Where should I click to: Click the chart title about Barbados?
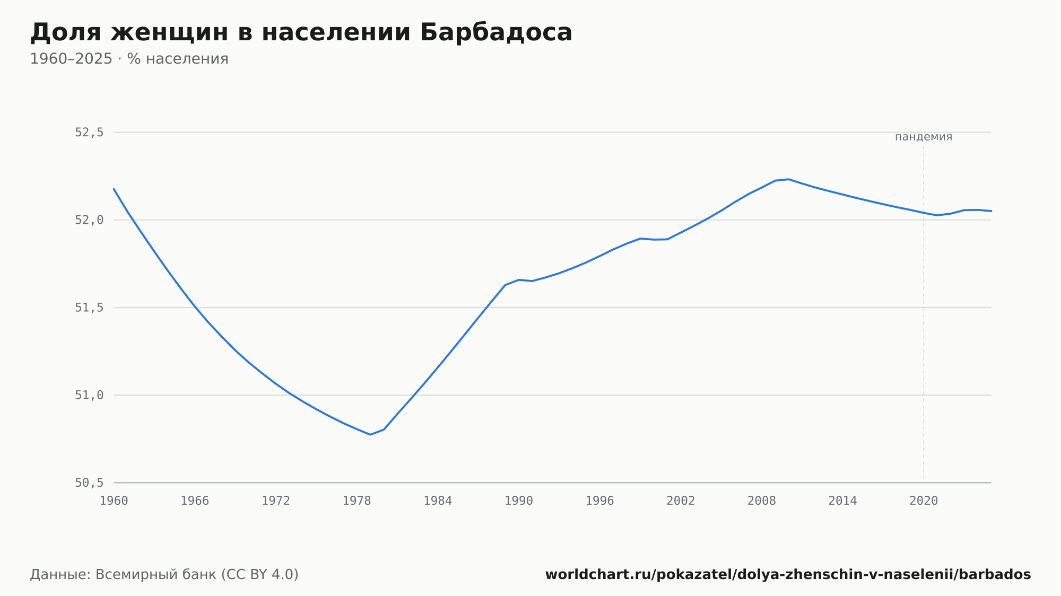click(x=301, y=32)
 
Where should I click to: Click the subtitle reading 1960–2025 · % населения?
click(x=129, y=59)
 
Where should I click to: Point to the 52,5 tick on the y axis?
click(x=89, y=133)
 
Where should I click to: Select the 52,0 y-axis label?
click(x=89, y=220)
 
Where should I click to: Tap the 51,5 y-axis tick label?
click(x=89, y=308)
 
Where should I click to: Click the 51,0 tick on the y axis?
click(x=89, y=395)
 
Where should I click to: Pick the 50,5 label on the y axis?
click(x=89, y=483)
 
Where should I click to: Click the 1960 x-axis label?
click(x=114, y=501)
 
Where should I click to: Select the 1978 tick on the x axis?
click(x=356, y=501)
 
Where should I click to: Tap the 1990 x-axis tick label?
click(x=519, y=501)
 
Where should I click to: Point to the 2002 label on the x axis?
click(x=681, y=501)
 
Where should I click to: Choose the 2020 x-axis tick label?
click(x=924, y=501)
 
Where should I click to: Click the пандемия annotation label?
click(x=924, y=137)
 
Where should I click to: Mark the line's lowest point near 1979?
click(x=370, y=435)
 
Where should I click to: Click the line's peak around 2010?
click(x=789, y=179)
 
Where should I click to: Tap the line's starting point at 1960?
click(x=114, y=189)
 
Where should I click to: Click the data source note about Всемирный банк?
click(x=164, y=574)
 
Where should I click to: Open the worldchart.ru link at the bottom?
click(x=788, y=574)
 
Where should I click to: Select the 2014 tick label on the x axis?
click(x=842, y=501)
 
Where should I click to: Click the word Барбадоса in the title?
click(x=496, y=32)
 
